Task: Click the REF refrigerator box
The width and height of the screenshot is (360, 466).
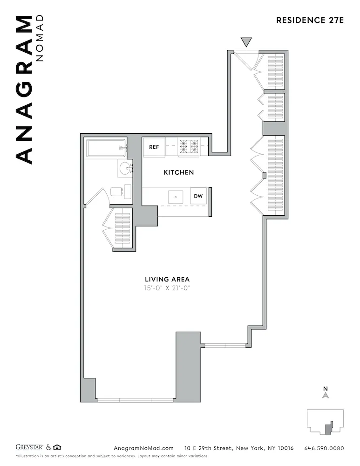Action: point(154,147)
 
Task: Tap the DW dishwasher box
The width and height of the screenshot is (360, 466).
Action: point(198,196)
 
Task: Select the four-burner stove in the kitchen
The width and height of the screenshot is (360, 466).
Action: point(188,147)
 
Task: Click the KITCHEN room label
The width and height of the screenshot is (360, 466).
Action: point(178,172)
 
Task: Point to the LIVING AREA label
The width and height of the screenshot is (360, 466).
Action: point(167,279)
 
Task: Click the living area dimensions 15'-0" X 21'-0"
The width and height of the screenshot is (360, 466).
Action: point(167,288)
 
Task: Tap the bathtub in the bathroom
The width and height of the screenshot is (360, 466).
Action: point(106,148)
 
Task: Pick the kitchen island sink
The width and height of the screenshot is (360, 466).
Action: point(176,197)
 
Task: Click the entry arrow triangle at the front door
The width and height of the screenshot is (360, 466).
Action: point(247,42)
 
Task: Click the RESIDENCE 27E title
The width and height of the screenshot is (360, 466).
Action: point(310,20)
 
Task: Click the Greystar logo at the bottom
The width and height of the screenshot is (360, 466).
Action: point(30,448)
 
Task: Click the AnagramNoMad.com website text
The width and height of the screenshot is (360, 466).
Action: point(143,448)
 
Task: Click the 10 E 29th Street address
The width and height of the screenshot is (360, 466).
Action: point(238,448)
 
